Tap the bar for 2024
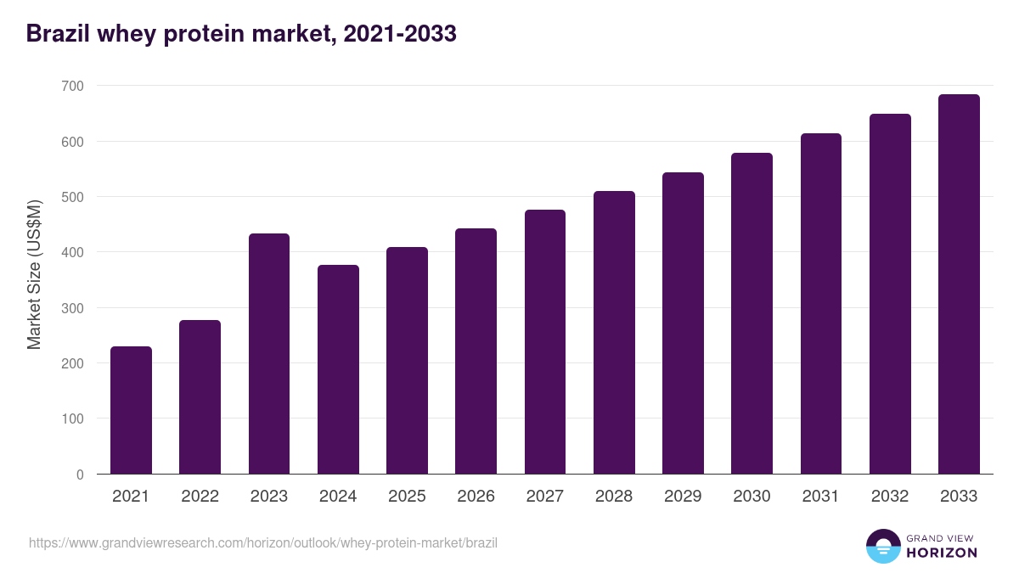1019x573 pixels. [338, 369]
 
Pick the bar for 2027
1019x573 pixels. [545, 341]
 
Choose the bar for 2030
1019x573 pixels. [752, 313]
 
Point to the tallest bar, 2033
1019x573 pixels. [959, 284]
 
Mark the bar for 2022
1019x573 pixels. [200, 396]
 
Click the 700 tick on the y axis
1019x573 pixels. [72, 86]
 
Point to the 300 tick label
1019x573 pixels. [72, 308]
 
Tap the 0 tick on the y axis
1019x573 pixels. [80, 475]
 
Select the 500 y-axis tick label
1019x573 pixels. [72, 197]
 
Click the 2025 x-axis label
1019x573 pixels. [407, 497]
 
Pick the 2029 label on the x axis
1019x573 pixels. [683, 497]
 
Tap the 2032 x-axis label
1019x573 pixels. [890, 497]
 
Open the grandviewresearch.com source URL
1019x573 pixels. [263, 542]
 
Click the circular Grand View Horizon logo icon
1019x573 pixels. [882, 546]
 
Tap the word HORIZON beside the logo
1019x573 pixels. [942, 553]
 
